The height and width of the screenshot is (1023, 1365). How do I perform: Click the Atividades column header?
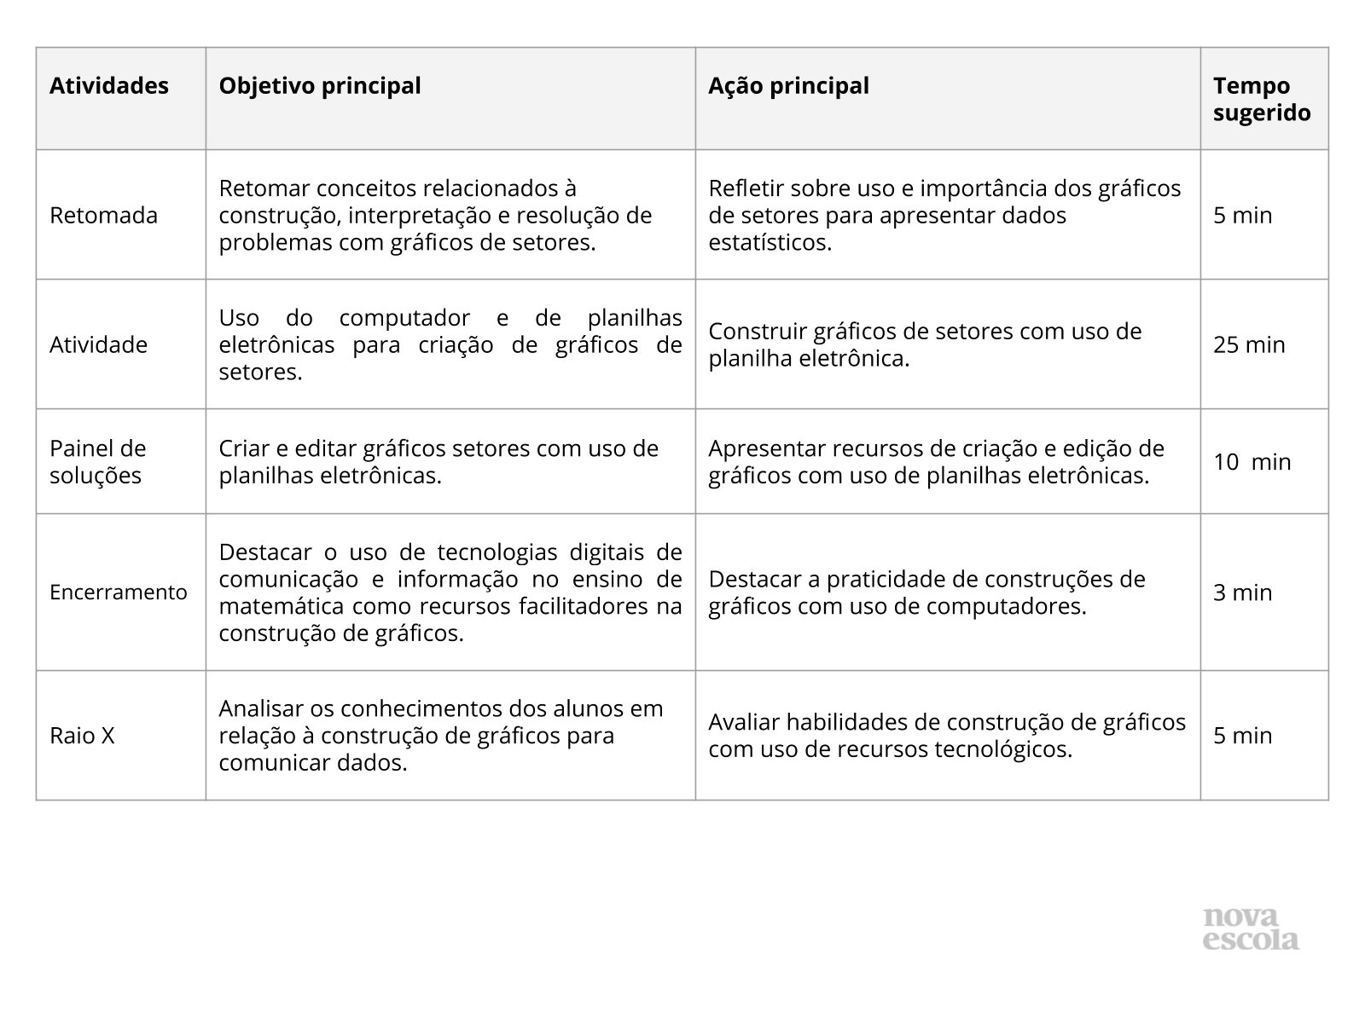point(109,86)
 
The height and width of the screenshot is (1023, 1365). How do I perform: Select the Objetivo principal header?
point(320,86)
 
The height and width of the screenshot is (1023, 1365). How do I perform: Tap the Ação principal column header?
point(788,86)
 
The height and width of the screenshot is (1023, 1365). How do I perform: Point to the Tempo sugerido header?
point(1262,100)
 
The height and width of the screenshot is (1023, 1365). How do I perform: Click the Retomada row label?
point(103,216)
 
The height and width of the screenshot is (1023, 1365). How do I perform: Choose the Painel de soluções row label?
point(97,462)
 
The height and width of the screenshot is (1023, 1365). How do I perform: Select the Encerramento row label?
point(118,592)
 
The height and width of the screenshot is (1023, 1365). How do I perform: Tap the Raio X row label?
point(82,736)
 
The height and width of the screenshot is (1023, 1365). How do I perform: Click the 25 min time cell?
point(1249,345)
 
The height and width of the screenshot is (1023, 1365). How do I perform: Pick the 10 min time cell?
point(1252,462)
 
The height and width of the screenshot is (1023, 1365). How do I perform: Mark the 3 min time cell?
point(1242,592)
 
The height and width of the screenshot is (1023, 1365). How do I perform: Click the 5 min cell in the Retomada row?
point(1242,216)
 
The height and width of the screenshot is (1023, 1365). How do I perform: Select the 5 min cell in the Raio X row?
point(1242,736)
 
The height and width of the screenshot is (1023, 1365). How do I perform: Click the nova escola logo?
point(1251,929)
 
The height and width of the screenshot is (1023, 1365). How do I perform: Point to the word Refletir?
point(740,188)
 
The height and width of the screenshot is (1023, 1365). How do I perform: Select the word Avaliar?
point(744,723)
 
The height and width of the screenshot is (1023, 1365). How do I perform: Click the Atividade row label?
point(98,345)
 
